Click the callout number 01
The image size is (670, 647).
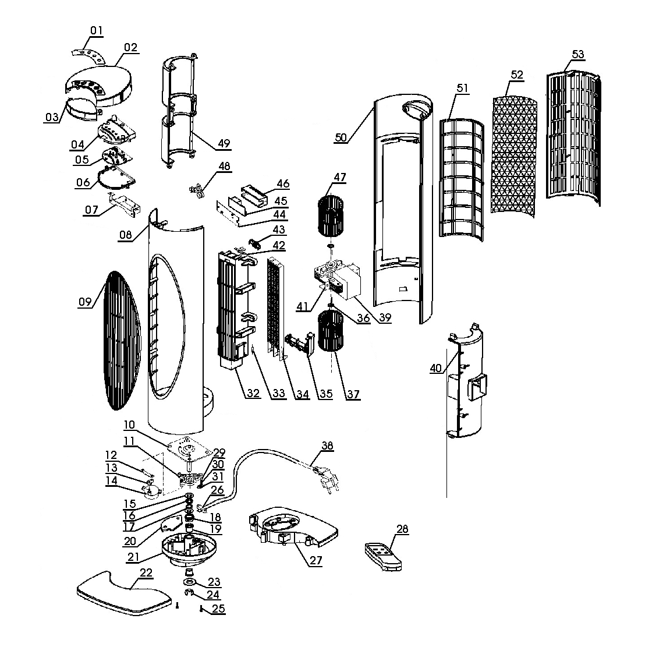96,30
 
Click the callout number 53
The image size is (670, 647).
577,54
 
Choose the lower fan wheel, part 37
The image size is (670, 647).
331,331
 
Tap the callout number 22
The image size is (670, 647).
146,572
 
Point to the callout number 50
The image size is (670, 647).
341,137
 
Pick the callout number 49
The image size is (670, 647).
224,144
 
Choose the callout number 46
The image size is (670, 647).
283,183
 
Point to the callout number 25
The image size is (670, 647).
218,609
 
